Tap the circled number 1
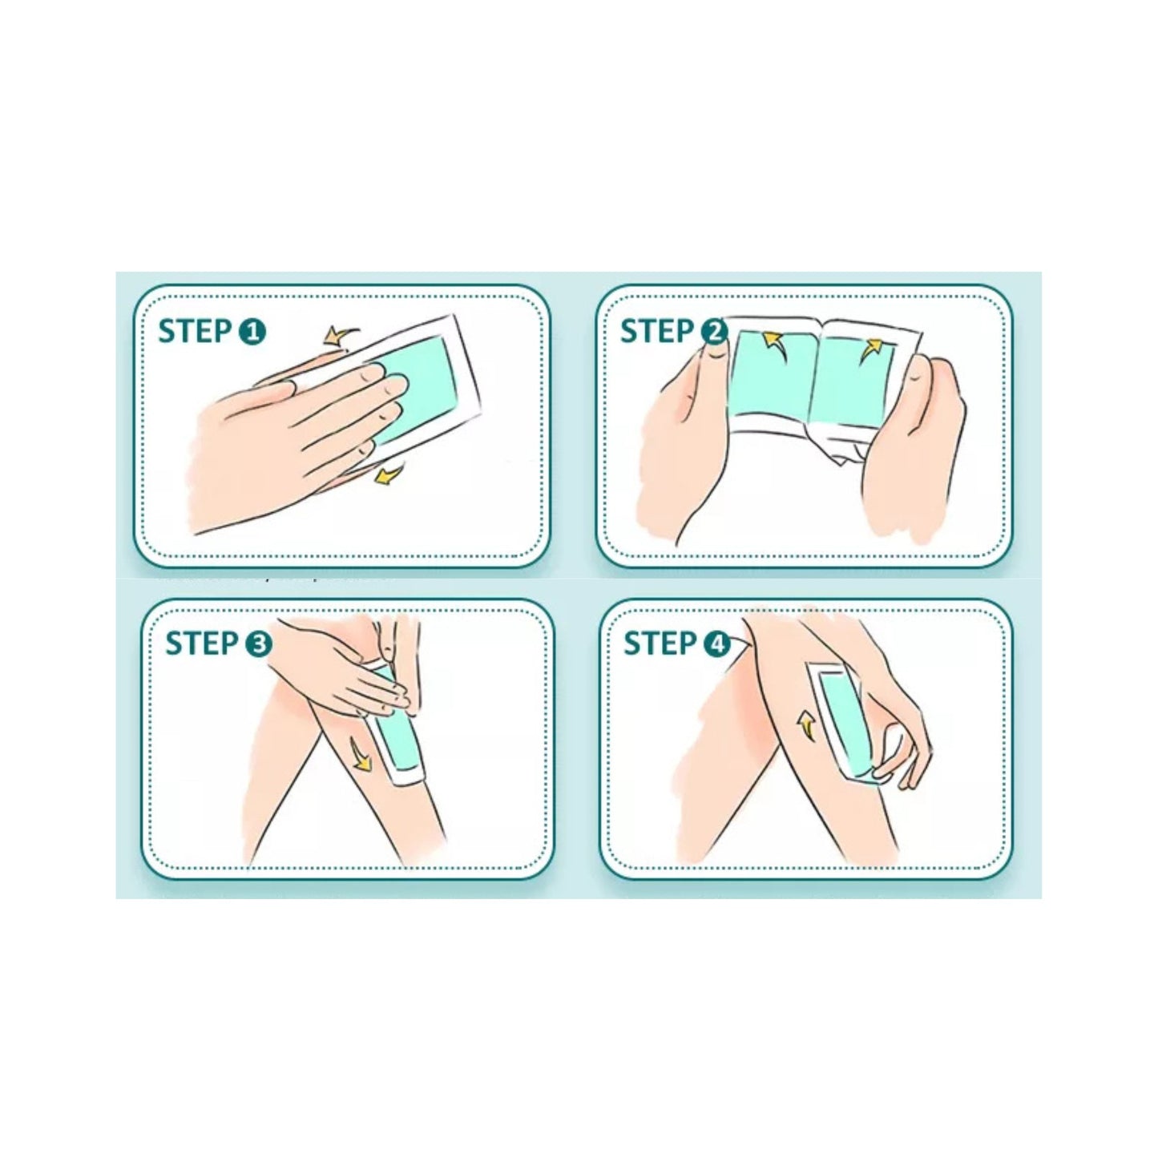(251, 332)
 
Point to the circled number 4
(716, 644)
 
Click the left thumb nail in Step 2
(715, 357)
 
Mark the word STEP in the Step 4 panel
(660, 644)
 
